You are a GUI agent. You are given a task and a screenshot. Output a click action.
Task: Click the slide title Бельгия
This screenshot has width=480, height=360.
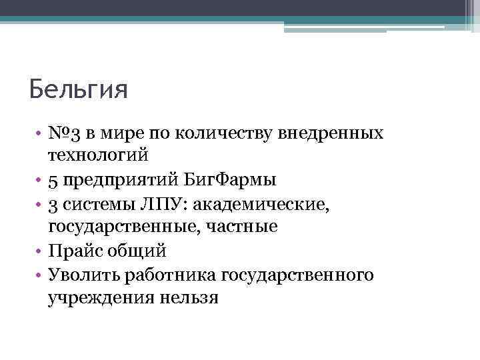78,89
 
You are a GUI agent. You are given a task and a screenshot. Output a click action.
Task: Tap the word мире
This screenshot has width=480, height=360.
121,133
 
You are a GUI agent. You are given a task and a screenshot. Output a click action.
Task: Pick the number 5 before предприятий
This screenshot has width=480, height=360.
53,180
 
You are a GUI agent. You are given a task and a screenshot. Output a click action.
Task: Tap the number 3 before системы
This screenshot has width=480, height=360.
53,203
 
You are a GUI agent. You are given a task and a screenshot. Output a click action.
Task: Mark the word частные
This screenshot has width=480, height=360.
241,227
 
